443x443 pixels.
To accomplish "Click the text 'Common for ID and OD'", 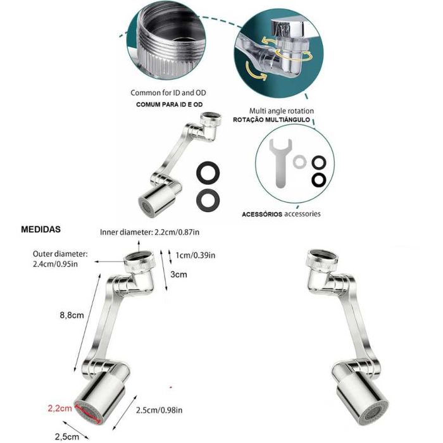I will coord(168,92).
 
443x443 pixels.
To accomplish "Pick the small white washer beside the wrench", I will coord(301,162).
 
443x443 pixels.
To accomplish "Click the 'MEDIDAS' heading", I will coord(42,229).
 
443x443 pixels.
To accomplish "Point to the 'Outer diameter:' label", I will coord(60,254).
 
